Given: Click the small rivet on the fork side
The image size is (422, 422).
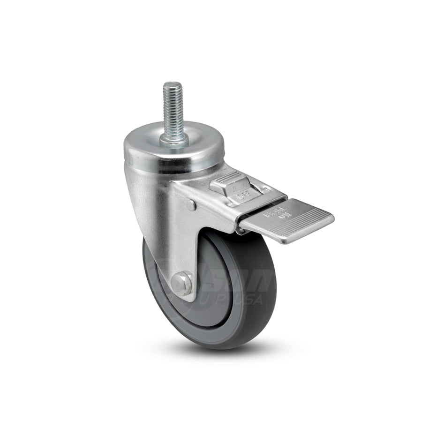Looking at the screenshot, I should [x=191, y=204].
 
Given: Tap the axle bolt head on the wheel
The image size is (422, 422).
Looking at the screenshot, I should [x=181, y=282].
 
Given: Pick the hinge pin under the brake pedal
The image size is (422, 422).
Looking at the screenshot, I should [x=241, y=231].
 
